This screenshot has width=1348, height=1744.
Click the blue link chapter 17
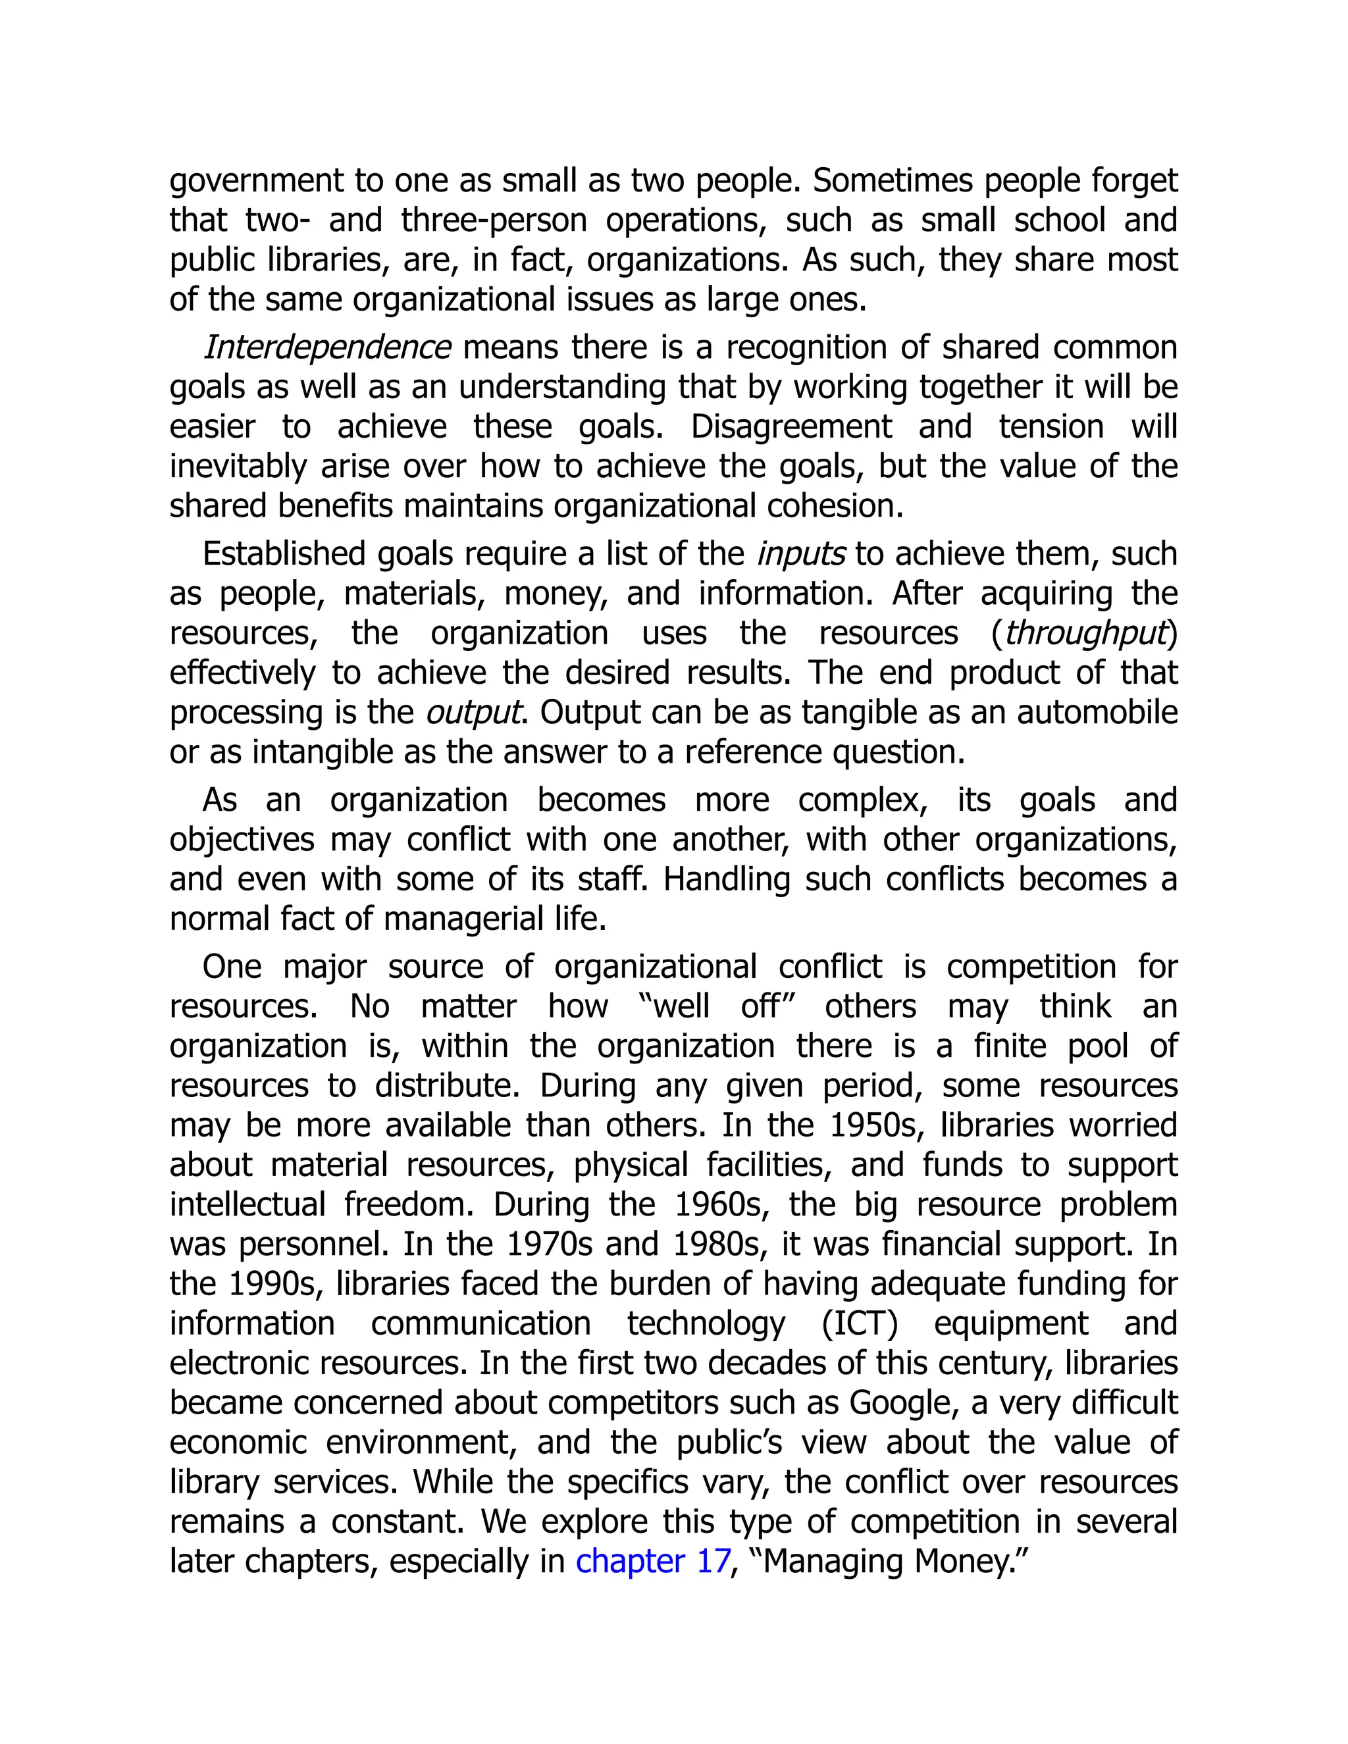(652, 1561)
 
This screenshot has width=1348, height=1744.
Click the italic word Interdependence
(326, 348)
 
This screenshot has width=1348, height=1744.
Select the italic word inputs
(800, 554)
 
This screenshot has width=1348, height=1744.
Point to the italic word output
(473, 712)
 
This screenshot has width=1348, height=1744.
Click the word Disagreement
(791, 427)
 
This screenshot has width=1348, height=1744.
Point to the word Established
(284, 554)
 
